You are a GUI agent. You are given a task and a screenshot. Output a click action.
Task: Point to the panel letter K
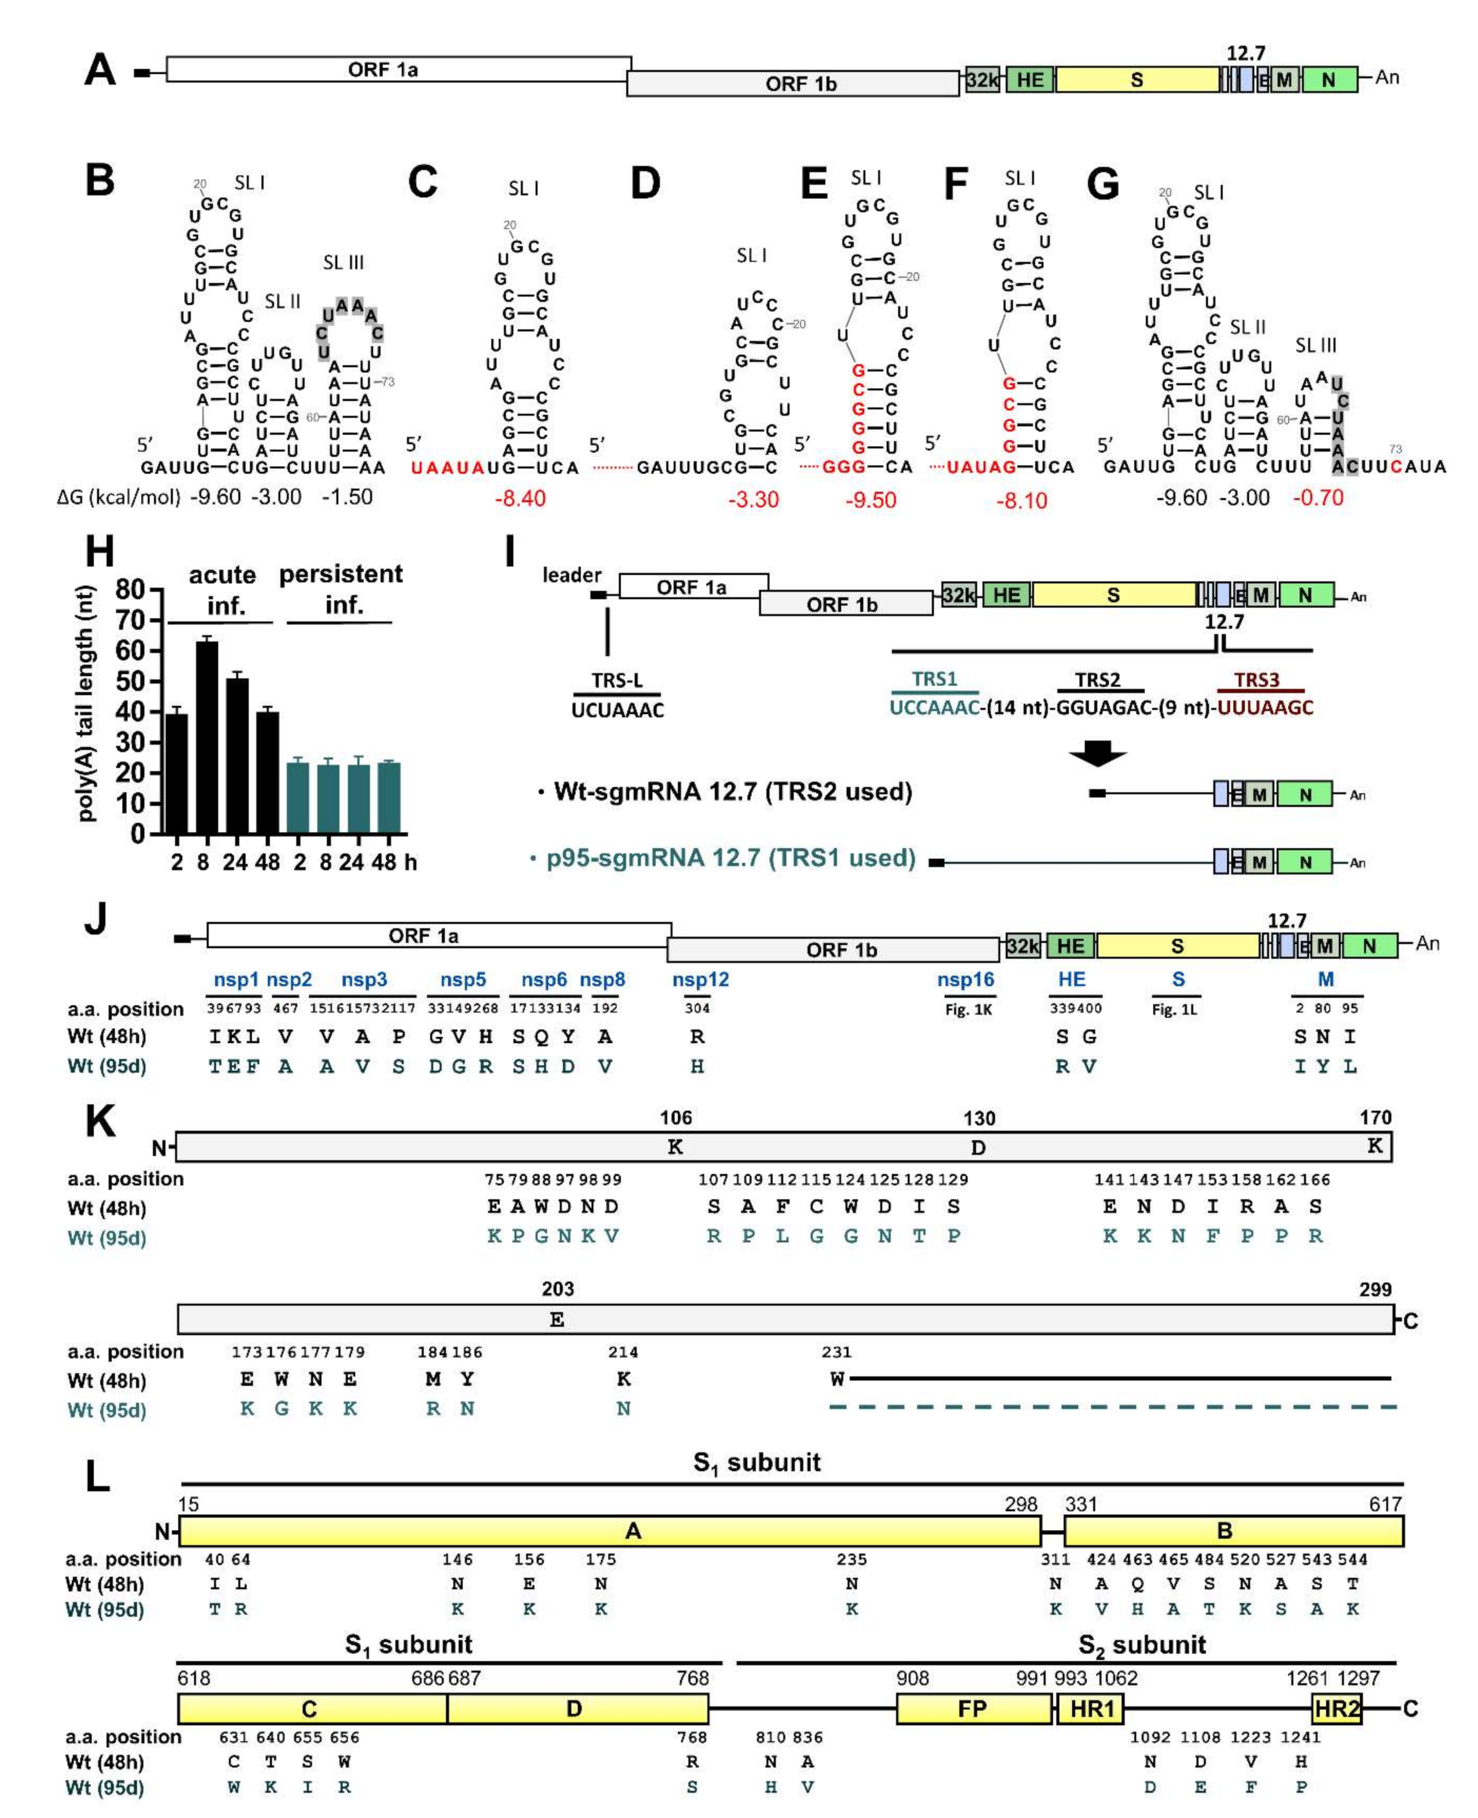coord(100,1122)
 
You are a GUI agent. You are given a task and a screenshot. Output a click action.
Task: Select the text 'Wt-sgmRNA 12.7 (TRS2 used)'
coord(732,792)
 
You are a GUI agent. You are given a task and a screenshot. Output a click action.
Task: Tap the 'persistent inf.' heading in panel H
coord(341,588)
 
